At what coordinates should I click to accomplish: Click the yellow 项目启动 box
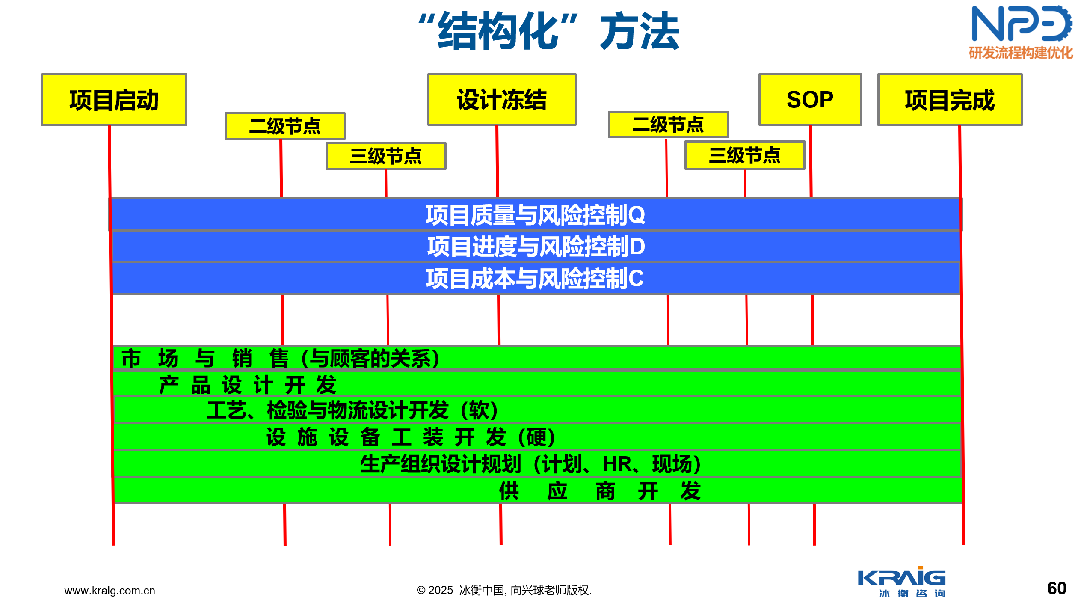tap(114, 100)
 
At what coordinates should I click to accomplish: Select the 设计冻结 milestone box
tap(502, 100)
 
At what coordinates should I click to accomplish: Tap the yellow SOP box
tap(810, 100)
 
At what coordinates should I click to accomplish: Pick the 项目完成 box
tap(950, 100)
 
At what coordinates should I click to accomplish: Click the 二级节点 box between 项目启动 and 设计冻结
tap(285, 126)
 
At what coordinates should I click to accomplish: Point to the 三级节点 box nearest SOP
tap(745, 155)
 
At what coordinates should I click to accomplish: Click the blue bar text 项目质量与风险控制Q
tap(535, 215)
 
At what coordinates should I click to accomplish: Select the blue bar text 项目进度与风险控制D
tap(536, 247)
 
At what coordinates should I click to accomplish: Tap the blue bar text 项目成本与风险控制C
tap(535, 279)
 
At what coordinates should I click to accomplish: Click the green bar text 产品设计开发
tap(248, 385)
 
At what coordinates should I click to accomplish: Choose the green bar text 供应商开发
tap(600, 491)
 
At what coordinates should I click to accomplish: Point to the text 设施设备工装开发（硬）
tap(411, 437)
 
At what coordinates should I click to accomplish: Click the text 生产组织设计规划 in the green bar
tap(441, 464)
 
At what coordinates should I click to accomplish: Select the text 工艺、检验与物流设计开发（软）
tap(352, 410)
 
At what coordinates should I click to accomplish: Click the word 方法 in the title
tap(640, 31)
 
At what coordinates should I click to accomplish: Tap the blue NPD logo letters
tap(1022, 24)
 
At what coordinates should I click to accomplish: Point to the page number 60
tap(1057, 588)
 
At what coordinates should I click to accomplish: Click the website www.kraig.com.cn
tap(110, 591)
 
